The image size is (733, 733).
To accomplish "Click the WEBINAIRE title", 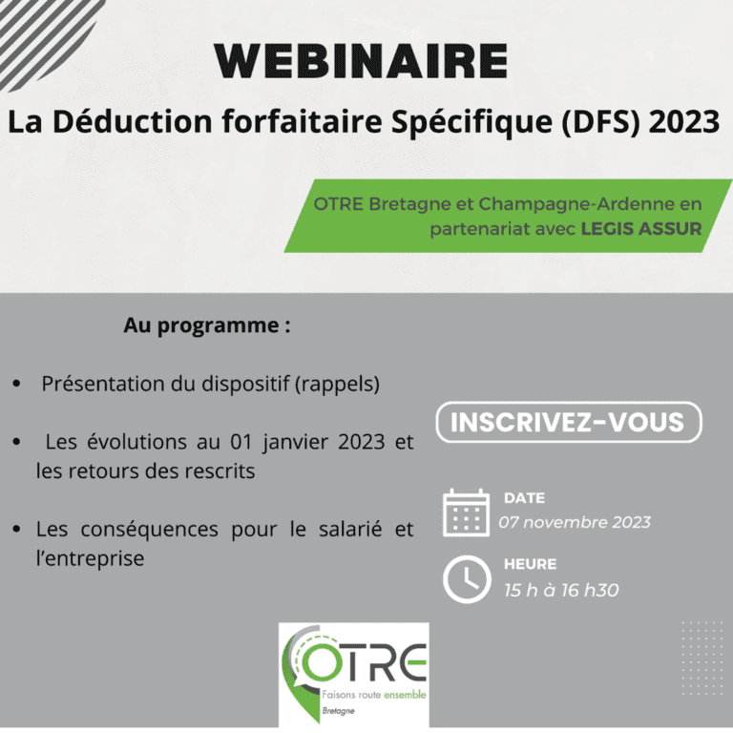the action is coord(361,61).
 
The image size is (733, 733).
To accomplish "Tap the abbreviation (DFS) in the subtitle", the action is coord(600,121).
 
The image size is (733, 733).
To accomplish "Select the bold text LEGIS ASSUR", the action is coord(641,229).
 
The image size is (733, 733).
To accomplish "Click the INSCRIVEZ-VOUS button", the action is coord(569,422).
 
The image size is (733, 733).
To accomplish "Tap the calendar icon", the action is coord(466,513).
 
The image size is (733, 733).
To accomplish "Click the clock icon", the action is coord(467,579).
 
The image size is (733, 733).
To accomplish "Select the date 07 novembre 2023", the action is coord(575,522).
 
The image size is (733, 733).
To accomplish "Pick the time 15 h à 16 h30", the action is coord(561,590).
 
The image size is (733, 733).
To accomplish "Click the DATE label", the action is coord(525,498).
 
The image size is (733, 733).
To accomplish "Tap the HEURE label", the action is coord(530,564).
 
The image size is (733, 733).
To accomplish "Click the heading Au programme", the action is coord(206,325).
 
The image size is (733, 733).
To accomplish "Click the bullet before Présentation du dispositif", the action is coord(17,384).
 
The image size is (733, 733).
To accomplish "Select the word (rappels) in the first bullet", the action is coord(337,385).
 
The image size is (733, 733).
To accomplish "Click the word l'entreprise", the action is coord(90,558).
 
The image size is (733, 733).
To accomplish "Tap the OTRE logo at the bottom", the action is coord(354,675).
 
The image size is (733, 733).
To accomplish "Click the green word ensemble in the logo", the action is coord(405,695).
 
